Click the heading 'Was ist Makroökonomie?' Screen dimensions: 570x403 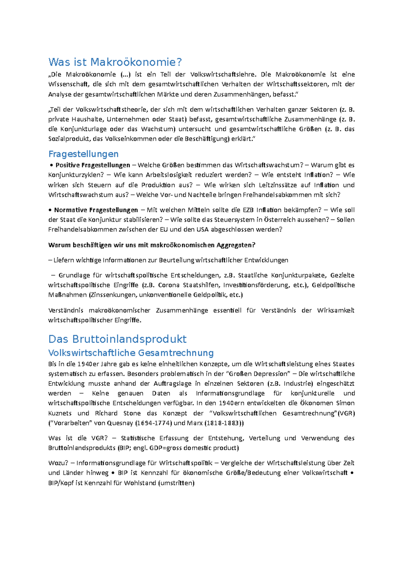pyautogui.click(x=115, y=62)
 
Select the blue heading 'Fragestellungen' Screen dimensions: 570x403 pyautogui.click(x=83, y=154)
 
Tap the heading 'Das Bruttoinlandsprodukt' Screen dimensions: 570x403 pyautogui.click(x=117, y=339)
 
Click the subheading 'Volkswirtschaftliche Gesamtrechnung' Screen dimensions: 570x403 pyautogui.click(x=131, y=353)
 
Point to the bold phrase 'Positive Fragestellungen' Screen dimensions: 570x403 pyautogui.click(x=93, y=165)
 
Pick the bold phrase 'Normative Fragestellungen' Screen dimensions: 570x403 pyautogui.click(x=96, y=210)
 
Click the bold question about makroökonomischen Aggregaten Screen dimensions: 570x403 pyautogui.click(x=152, y=245)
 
